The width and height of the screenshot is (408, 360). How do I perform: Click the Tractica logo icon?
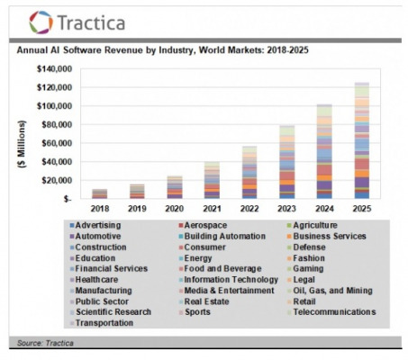tap(41, 22)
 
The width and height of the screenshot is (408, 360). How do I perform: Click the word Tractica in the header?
tap(91, 22)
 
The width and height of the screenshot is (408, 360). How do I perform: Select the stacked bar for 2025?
tap(362, 140)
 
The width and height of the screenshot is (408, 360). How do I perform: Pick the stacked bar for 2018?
tap(100, 193)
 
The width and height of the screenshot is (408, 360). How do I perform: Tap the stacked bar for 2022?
tap(249, 172)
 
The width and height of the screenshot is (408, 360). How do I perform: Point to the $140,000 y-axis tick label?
tap(54, 69)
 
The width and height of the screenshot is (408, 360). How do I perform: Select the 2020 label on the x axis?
tap(175, 209)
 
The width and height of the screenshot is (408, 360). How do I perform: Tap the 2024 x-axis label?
tap(324, 209)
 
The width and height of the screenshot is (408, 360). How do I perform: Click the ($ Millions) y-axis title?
tap(22, 144)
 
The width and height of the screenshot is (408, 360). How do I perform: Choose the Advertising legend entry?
tap(95, 225)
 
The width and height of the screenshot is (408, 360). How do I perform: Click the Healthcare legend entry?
tap(94, 280)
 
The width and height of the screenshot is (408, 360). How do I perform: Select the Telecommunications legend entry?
tap(331, 312)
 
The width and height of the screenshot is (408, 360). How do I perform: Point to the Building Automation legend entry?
tap(222, 237)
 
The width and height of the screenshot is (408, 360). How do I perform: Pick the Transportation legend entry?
tap(102, 323)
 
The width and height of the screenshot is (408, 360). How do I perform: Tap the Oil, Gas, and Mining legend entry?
tap(330, 291)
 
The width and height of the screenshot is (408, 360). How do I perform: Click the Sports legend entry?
tap(195, 312)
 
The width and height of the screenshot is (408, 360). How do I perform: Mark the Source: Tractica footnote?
tap(45, 343)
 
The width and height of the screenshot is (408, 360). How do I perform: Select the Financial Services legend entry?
tap(109, 268)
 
